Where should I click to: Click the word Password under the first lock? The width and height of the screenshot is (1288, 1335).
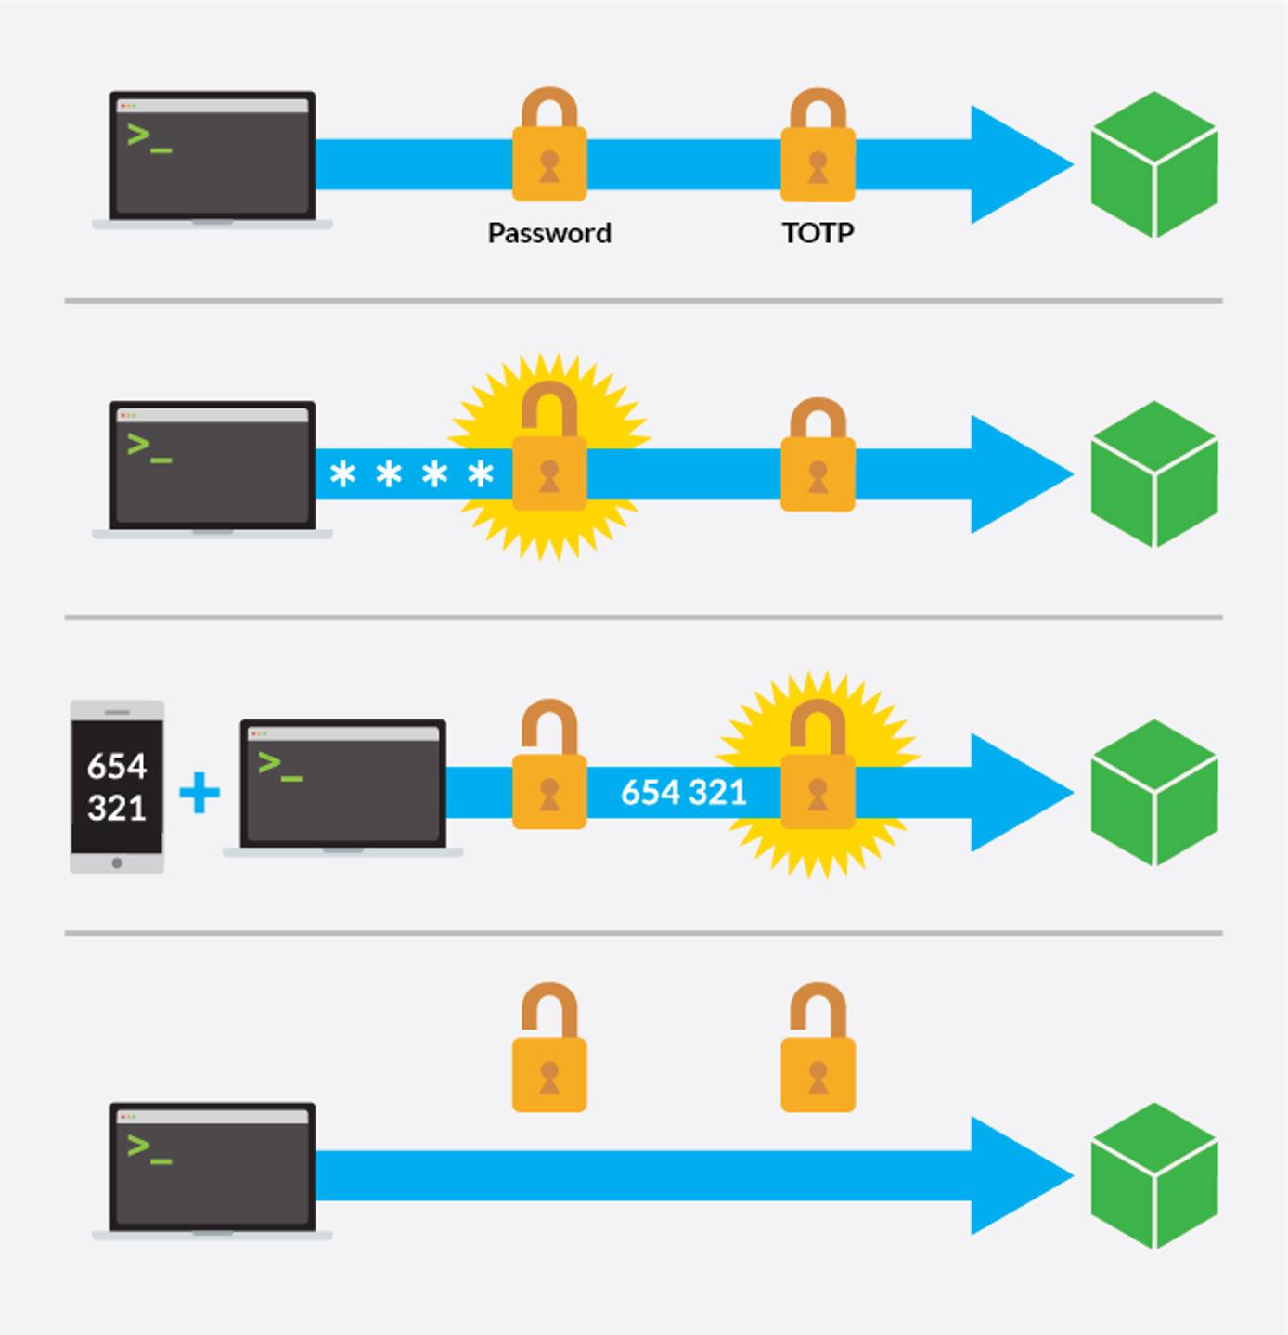pos(549,233)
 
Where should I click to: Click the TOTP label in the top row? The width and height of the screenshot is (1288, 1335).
pos(818,233)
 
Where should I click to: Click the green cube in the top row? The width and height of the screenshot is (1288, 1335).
pos(1153,164)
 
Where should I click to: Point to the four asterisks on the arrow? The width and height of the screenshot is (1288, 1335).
pos(411,475)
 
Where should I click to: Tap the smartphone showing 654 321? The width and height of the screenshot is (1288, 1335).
pos(117,786)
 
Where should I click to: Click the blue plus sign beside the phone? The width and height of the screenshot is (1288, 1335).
pos(200,794)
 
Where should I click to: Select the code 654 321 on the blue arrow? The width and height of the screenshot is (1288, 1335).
pos(683,793)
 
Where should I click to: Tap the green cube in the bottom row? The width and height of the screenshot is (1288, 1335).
pos(1153,1175)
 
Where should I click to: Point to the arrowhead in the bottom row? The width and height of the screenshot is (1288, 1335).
pos(1016,1176)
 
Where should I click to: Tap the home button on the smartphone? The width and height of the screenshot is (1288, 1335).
pos(117,862)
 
